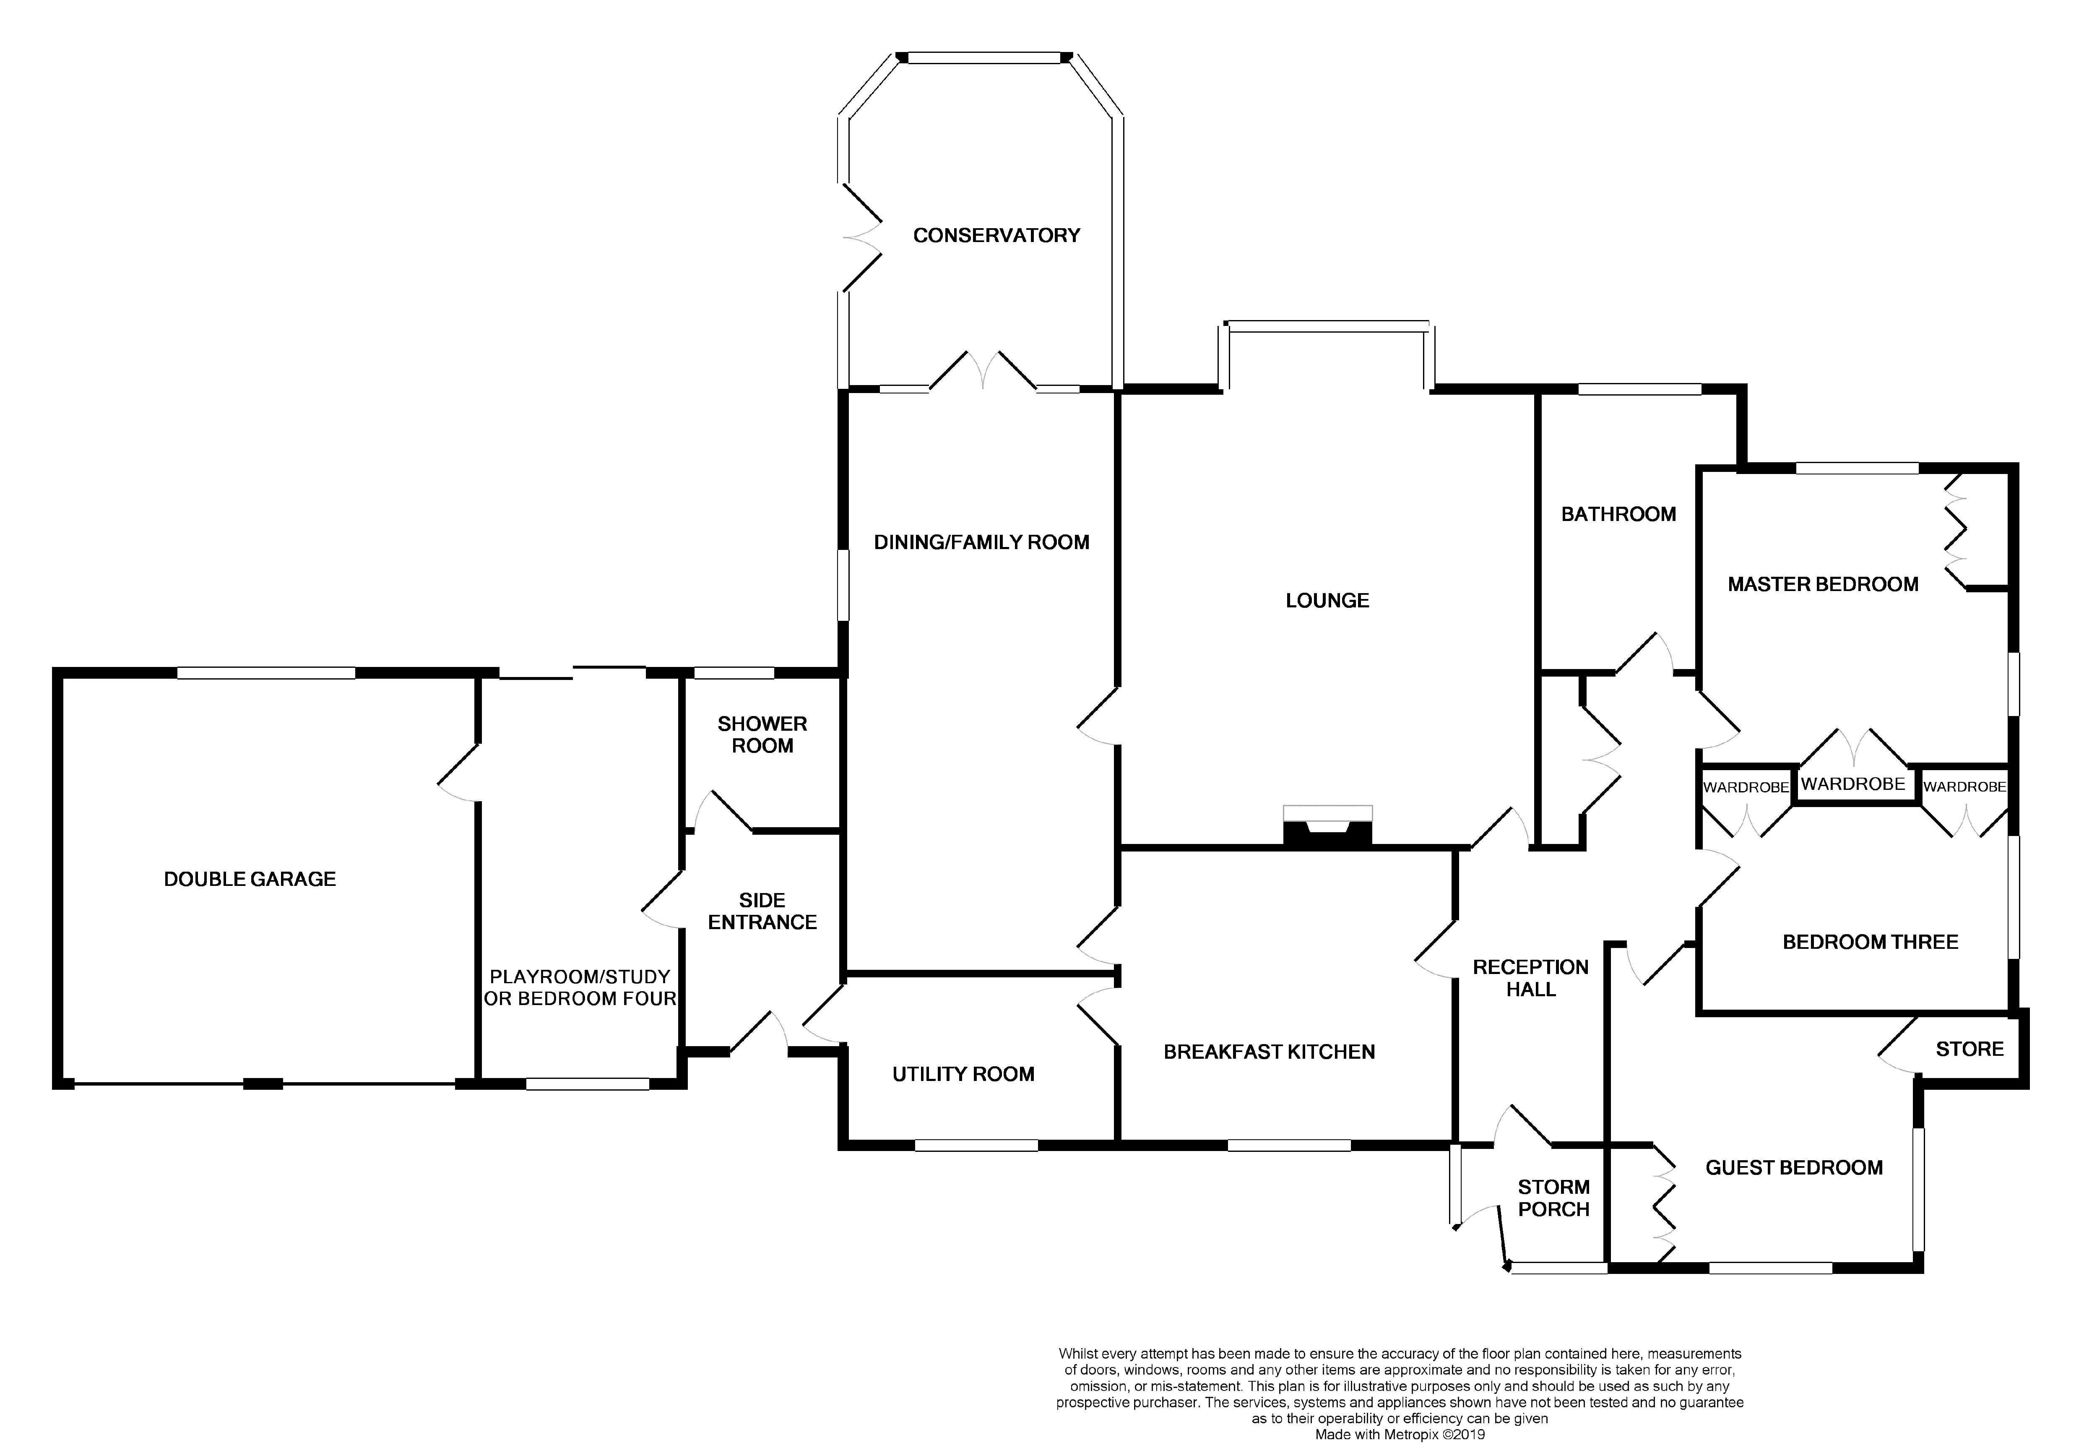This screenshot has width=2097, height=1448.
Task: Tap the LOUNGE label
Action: click(1327, 600)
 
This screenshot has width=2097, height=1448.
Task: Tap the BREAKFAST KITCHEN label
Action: click(1269, 1052)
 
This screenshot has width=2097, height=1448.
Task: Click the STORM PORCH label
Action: click(1554, 1198)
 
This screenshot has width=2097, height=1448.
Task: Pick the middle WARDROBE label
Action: click(1853, 784)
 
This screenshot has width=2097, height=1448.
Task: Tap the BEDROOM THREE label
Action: click(1870, 942)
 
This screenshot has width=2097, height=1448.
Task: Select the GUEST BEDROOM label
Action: click(1794, 1168)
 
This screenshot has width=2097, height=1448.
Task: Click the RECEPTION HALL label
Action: click(1531, 978)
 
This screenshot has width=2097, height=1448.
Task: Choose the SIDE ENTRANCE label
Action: click(762, 911)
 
